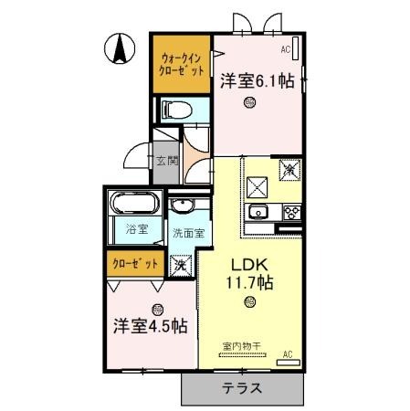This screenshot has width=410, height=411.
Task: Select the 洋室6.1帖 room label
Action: pyautogui.click(x=257, y=81)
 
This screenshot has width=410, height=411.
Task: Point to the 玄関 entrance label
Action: pyautogui.click(x=165, y=162)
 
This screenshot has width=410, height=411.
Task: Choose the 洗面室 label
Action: pyautogui.click(x=189, y=232)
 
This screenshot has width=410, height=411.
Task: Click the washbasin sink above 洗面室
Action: pyautogui.click(x=182, y=205)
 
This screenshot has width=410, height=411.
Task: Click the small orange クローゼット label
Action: pyautogui.click(x=135, y=263)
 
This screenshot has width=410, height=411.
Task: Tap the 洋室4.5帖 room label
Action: pyautogui.click(x=151, y=325)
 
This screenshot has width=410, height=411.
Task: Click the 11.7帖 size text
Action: pyautogui.click(x=249, y=282)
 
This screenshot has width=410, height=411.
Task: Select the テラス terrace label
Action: pyautogui.click(x=242, y=388)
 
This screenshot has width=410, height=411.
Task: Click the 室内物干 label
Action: pyautogui.click(x=241, y=345)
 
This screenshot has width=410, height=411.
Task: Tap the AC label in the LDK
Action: pyautogui.click(x=287, y=353)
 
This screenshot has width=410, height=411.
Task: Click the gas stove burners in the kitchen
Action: pyautogui.click(x=292, y=213)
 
